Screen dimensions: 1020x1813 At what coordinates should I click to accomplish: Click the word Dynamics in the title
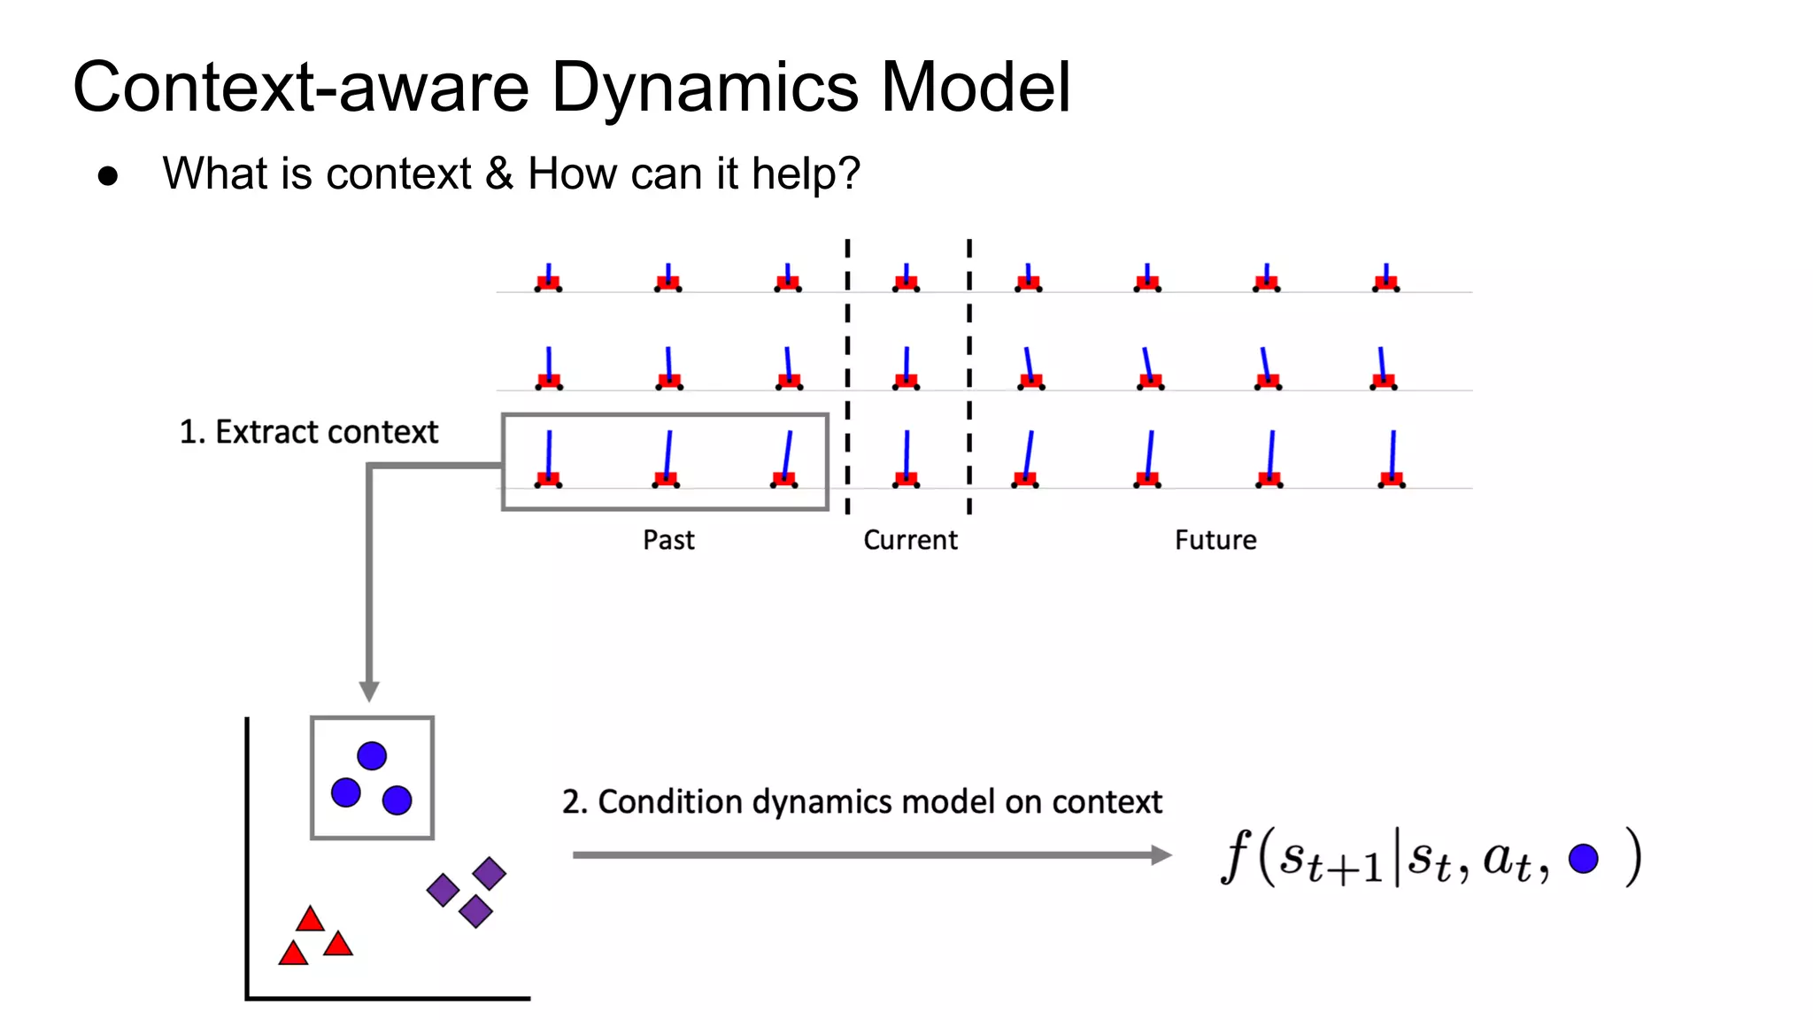705,89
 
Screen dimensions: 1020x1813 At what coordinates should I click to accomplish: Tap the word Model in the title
976,89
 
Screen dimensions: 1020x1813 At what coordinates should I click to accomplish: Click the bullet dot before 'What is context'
108,176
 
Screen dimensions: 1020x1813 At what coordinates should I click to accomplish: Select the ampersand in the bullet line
499,173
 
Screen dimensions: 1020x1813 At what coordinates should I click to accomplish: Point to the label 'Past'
668,539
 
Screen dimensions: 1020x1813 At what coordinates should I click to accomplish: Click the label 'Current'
910,539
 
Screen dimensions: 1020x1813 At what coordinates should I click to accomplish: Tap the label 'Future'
1215,539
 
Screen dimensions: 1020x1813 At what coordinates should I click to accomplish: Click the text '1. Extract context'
308,432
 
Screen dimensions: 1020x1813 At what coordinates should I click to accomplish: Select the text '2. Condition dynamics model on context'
861,801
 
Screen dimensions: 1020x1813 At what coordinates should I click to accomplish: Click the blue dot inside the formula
1583,858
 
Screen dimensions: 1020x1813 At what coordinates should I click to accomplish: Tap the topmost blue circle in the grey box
372,755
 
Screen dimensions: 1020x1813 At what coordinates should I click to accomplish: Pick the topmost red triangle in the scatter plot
310,919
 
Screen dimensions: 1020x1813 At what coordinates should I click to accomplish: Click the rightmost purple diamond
489,873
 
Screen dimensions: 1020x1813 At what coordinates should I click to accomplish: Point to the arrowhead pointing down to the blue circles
369,691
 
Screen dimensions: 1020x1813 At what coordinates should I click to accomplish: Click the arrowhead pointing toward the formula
1161,854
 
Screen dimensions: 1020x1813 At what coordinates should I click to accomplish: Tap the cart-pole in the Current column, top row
906,278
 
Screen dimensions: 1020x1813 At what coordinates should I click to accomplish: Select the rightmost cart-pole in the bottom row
1392,460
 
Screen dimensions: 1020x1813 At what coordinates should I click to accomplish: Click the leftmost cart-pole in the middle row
549,369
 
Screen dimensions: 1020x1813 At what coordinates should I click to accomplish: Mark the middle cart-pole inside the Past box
667,460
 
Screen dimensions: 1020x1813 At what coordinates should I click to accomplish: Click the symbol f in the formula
1236,856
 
